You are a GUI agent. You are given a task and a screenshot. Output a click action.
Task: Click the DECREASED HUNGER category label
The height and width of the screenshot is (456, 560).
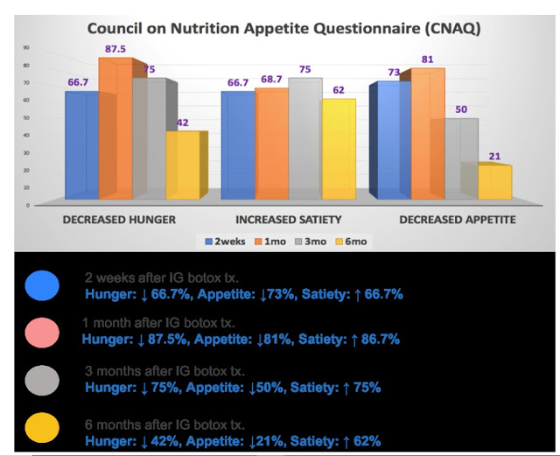coord(119,219)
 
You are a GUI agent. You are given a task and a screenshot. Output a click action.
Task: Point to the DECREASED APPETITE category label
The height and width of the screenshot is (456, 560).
coord(457,219)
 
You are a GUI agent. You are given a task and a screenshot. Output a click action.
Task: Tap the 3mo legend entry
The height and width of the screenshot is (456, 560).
coord(309,239)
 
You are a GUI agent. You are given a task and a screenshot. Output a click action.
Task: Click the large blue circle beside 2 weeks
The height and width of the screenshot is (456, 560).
coord(42,284)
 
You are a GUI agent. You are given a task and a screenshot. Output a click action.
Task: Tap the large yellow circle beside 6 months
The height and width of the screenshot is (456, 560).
coord(42,428)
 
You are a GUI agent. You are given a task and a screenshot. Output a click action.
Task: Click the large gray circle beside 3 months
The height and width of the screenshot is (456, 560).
coord(42,380)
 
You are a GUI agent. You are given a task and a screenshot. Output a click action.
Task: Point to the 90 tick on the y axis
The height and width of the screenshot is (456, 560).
coord(26,47)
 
